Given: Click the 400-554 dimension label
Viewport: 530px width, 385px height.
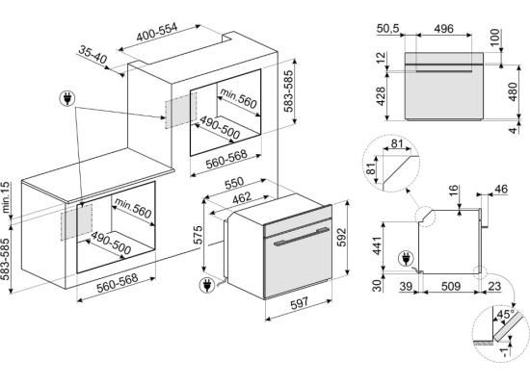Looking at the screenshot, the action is (156, 33).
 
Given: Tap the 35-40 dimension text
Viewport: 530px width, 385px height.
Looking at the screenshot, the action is (93, 54).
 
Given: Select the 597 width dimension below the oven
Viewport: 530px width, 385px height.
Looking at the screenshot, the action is (299, 302).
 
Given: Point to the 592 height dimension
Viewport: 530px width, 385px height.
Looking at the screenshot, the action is (341, 237).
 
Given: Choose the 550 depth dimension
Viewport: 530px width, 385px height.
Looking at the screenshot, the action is (234, 183).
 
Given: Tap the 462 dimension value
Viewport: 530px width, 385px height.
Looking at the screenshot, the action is (242, 198).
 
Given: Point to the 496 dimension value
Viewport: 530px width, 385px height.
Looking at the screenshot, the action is (443, 29).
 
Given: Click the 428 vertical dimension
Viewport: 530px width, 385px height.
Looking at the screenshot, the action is (381, 96).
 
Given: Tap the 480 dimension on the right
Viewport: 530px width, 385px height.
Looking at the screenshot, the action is (513, 91).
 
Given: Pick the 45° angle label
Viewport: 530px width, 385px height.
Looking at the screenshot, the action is (506, 314).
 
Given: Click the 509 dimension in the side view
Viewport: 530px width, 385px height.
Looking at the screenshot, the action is (451, 287).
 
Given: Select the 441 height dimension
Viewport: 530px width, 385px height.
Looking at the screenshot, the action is (376, 245).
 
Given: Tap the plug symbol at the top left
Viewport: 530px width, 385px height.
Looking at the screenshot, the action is (67, 98).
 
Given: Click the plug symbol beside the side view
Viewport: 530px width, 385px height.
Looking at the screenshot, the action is (406, 259).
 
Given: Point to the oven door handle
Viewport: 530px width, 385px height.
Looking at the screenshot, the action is (302, 237).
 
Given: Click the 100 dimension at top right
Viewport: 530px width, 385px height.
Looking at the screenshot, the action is (494, 38).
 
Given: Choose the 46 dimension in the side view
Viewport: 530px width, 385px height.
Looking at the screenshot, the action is (501, 189).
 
